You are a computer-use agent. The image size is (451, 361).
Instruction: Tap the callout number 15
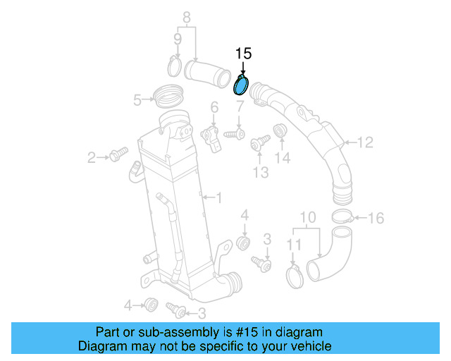[243, 53]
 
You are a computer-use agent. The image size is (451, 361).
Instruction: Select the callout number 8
[187, 16]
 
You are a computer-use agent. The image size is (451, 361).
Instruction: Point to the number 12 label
[364, 143]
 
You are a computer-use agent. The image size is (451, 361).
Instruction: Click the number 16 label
[376, 218]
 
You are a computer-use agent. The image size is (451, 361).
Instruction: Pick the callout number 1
[218, 198]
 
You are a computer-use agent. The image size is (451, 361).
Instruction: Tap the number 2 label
[92, 157]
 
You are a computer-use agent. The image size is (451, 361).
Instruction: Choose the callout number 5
[138, 100]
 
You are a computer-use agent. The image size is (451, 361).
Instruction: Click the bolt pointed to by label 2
[118, 153]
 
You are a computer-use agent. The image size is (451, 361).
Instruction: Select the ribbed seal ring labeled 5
[167, 92]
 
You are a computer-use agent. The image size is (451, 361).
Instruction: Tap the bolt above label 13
[259, 144]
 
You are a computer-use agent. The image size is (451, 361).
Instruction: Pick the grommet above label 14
[280, 132]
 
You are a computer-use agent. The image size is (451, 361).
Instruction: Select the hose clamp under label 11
[295, 274]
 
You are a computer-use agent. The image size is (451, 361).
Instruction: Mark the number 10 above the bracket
[309, 217]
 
